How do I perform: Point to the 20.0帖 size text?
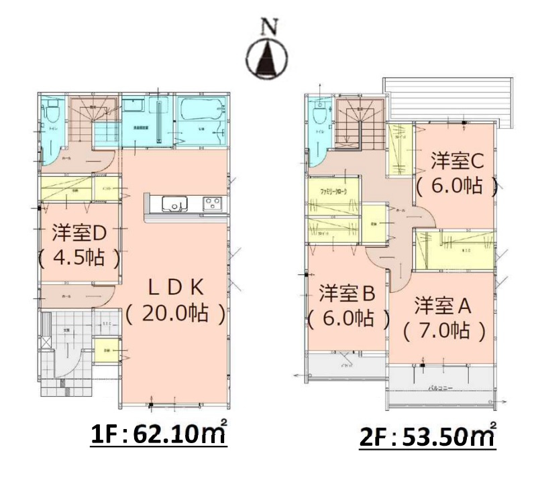[175, 313]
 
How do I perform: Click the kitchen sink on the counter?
[168, 203]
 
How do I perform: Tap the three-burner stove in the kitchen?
[213, 203]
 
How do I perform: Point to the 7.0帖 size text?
[443, 330]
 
